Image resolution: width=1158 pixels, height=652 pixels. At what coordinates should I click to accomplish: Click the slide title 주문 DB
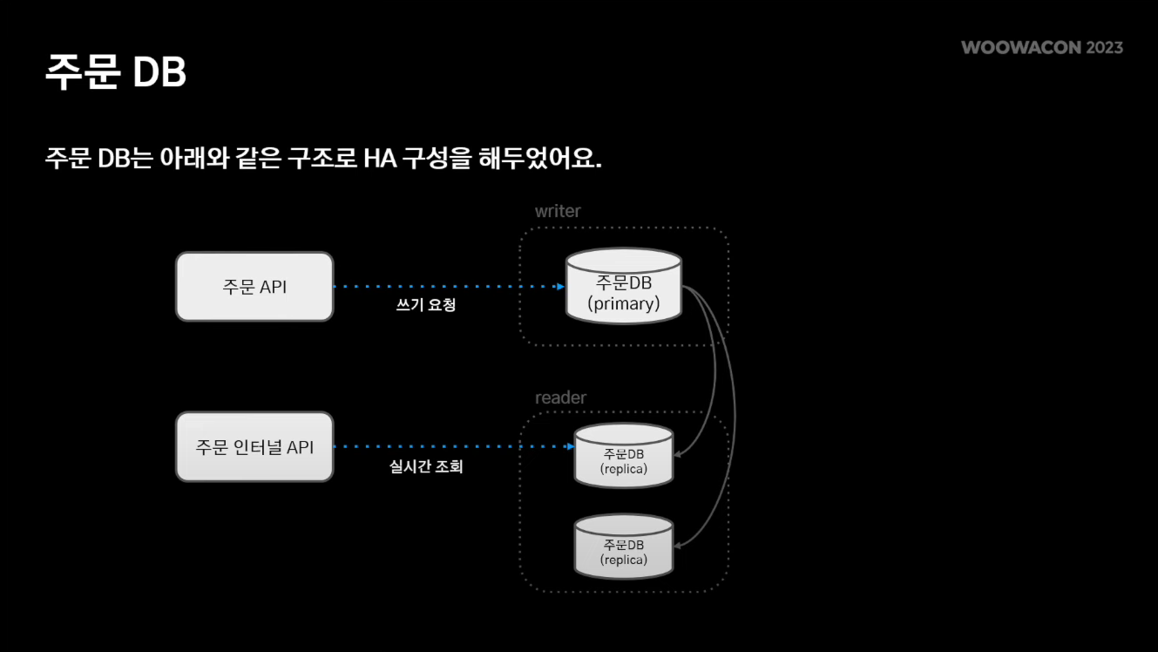coord(115,73)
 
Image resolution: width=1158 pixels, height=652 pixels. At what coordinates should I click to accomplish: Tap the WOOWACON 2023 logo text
coord(1042,48)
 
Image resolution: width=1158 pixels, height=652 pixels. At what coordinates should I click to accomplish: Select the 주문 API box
coord(254,287)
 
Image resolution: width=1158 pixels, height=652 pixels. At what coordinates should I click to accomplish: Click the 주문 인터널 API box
coord(254,447)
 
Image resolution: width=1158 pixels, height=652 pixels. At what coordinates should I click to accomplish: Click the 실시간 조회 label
coord(425,467)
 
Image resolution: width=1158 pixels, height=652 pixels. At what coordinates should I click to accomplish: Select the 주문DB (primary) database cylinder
coord(623,288)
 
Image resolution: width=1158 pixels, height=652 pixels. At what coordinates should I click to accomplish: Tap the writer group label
coord(558,212)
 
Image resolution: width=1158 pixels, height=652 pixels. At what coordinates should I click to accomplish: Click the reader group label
coord(560,398)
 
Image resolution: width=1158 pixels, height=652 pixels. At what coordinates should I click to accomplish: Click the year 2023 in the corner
coord(1104,48)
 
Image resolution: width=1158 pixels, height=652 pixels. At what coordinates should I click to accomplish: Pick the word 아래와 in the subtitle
coord(190,160)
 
